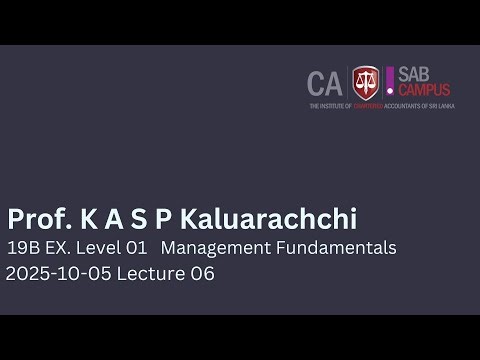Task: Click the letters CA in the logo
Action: pyautogui.click(x=325, y=83)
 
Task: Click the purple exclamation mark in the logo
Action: pyautogui.click(x=390, y=80)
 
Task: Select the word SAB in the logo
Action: pyautogui.click(x=417, y=73)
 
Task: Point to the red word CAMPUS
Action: pyautogui.click(x=424, y=90)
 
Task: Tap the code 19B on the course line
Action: pyautogui.click(x=22, y=248)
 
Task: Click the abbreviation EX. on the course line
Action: pyautogui.click(x=57, y=248)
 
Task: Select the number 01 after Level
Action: pyautogui.click(x=137, y=248)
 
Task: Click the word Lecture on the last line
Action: pyautogui.click(x=147, y=273)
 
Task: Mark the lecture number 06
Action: pyautogui.click(x=201, y=273)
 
